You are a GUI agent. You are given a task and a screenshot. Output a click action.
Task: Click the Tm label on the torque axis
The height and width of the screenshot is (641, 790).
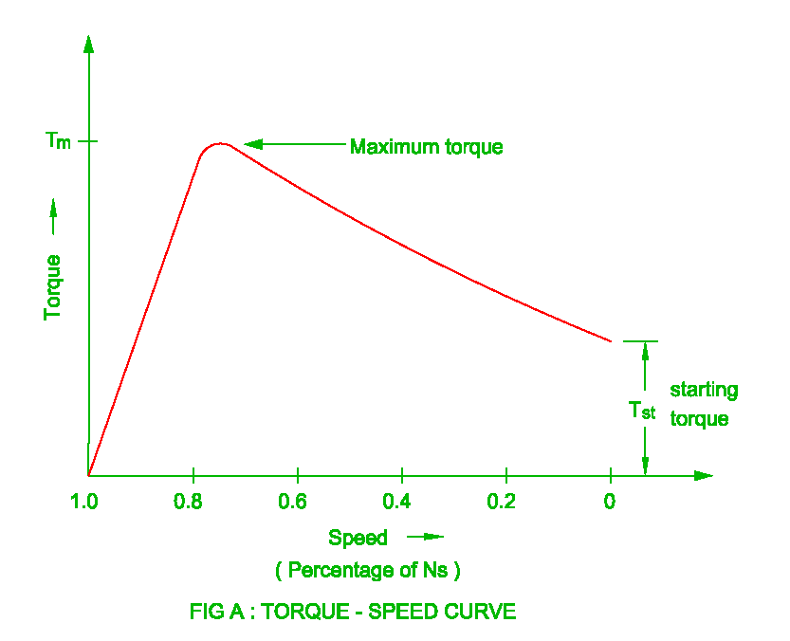58,141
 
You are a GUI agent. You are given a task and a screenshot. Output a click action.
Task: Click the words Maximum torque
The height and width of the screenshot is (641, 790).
426,147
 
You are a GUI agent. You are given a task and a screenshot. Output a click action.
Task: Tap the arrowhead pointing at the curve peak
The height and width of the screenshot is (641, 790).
252,144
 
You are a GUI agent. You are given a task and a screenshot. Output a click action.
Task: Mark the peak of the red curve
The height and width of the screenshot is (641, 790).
220,144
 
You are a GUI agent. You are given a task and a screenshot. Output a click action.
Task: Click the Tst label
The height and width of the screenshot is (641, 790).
641,411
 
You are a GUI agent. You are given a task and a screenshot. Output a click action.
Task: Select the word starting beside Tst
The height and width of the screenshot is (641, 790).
704,390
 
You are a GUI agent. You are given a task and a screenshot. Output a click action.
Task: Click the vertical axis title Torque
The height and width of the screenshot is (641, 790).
53,286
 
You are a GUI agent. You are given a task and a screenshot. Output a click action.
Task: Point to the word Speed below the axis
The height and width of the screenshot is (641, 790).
358,538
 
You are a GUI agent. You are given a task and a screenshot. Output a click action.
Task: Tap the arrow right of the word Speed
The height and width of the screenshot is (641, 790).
426,537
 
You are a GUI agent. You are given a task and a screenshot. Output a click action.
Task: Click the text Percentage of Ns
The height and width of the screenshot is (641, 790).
367,570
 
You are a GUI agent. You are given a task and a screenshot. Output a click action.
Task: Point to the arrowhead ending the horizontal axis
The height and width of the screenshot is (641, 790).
703,475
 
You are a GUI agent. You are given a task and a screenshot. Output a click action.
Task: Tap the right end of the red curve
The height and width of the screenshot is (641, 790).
610,340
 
